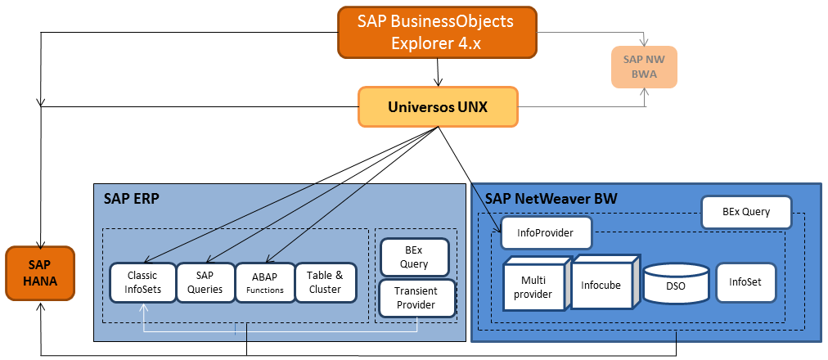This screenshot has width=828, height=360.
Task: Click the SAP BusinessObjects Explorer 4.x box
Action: [x=437, y=33]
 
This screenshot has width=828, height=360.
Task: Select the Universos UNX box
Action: [x=438, y=107]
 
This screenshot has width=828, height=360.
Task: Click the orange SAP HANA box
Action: [x=39, y=273]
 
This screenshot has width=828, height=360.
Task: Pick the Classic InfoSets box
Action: [x=142, y=282]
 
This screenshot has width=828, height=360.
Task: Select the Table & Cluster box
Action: [x=325, y=282]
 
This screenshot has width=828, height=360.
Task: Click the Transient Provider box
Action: [x=416, y=298]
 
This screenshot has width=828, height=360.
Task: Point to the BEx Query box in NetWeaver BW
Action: [x=746, y=212]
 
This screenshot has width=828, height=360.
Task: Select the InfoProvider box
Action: [x=546, y=233]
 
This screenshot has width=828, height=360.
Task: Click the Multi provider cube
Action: [x=533, y=287]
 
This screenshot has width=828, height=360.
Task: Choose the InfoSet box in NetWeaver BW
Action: [x=745, y=282]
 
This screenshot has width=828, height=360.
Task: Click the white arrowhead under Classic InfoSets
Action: [x=143, y=308]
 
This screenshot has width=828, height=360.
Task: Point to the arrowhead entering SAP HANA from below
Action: [x=39, y=308]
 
